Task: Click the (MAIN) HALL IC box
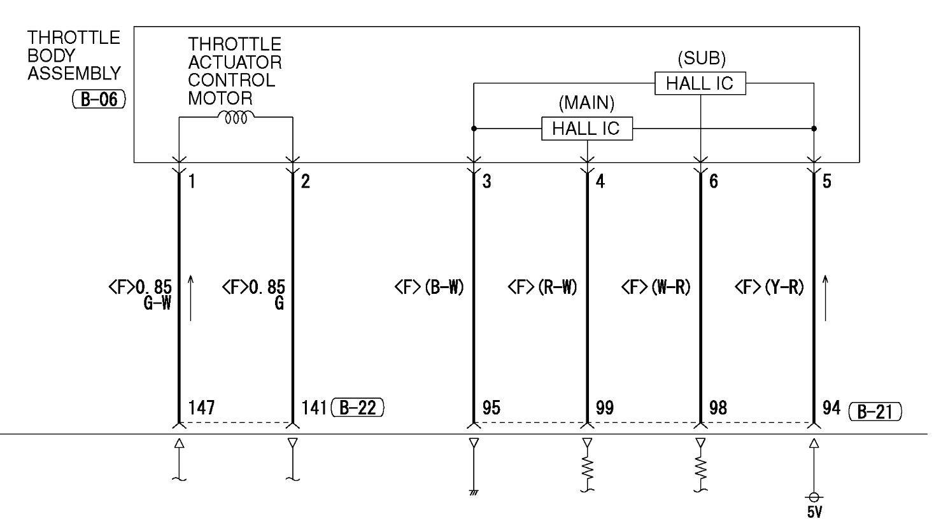point(586,128)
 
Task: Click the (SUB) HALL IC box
point(700,83)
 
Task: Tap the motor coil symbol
point(236,116)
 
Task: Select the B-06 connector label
point(99,100)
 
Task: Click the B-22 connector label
point(358,408)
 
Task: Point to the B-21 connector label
point(876,412)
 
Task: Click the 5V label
point(814,512)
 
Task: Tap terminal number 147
point(201,408)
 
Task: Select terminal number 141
point(314,408)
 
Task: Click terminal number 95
point(491,408)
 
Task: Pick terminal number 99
point(605,408)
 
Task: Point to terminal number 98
point(718,408)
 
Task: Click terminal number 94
point(831,408)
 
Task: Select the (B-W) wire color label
point(439,287)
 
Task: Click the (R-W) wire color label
point(552,287)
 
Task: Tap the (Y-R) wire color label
point(779,287)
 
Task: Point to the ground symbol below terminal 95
point(473,492)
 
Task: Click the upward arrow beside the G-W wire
point(190,297)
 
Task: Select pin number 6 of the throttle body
point(714,182)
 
